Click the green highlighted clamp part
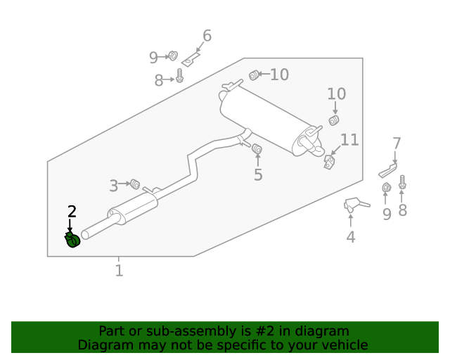click(72, 241)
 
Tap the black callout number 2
click(71, 211)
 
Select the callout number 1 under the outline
click(119, 270)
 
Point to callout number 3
click(113, 186)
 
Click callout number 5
click(258, 174)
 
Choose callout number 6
click(207, 36)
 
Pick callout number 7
click(397, 143)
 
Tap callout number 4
click(350, 237)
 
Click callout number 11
click(349, 140)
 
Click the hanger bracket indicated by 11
click(329, 162)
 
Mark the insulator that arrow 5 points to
click(257, 148)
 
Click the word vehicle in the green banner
click(342, 345)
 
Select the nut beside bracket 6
click(173, 56)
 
